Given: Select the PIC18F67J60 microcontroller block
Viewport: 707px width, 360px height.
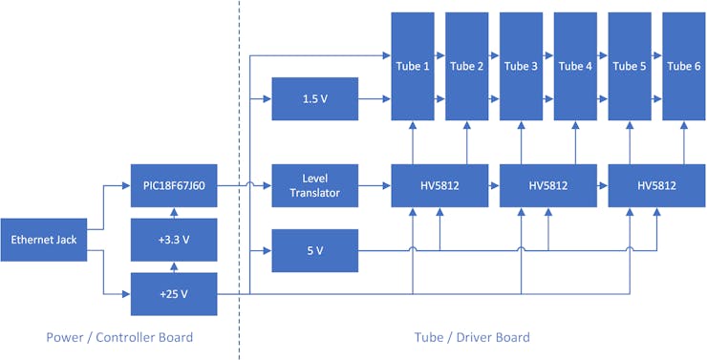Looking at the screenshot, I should tap(174, 186).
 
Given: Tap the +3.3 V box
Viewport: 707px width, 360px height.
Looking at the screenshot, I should tap(174, 239).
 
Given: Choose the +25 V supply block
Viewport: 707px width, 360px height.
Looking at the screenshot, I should tap(174, 293).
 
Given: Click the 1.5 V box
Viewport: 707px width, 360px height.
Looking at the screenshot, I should tap(315, 98).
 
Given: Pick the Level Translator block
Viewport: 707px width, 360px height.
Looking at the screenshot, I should tap(315, 186).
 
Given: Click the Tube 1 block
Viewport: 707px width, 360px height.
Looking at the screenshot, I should tap(413, 66).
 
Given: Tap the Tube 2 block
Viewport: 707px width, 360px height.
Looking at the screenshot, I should tap(467, 66).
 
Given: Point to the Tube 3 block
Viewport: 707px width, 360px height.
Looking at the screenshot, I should tap(521, 66).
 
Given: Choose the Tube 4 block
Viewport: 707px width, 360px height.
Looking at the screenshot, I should tap(575, 66).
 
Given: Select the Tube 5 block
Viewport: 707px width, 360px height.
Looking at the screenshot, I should tap(630, 66).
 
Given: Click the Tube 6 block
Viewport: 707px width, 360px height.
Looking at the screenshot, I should tap(684, 66).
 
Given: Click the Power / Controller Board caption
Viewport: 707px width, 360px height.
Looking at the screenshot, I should tap(119, 337).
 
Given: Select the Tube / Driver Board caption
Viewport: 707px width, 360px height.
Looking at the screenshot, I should tap(473, 337).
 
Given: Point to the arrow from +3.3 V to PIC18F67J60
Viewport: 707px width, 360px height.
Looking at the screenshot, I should tap(174, 213).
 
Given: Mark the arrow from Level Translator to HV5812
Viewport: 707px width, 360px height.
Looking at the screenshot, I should tap(375, 186).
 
